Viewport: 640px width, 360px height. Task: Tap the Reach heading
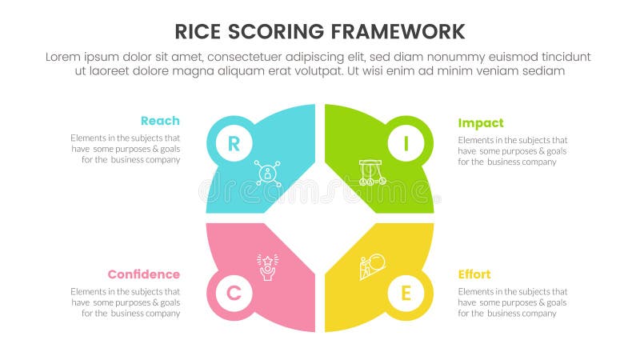[x=160, y=121]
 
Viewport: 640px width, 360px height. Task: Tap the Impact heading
[x=481, y=123]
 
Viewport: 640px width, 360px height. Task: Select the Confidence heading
[x=144, y=274]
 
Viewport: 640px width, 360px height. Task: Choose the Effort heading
[x=474, y=274]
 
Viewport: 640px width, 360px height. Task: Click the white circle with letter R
[x=233, y=144]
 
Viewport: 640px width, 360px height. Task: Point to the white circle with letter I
[x=406, y=144]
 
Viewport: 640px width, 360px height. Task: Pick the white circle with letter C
[x=233, y=294]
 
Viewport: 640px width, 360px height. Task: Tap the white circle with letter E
[x=406, y=294]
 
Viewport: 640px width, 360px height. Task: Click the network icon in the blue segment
[x=267, y=173]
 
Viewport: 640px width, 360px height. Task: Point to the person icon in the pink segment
[x=266, y=266]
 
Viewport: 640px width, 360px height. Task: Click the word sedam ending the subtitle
[x=544, y=70]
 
